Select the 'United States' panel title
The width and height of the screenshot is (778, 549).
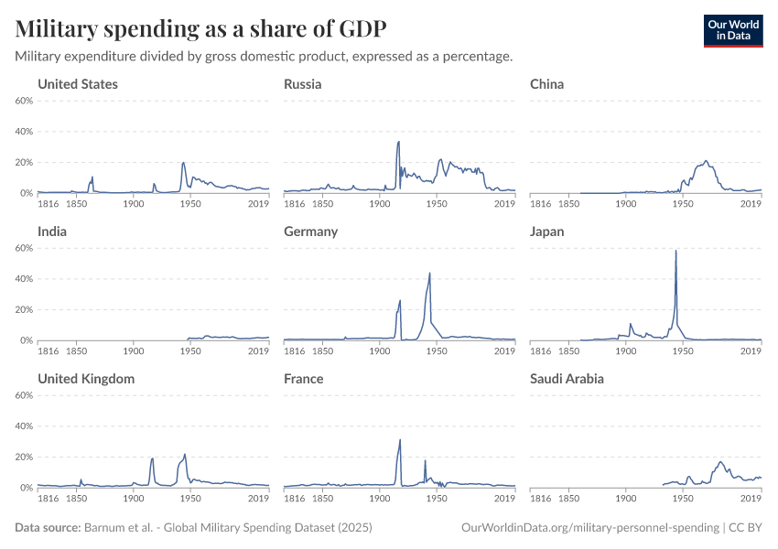77,84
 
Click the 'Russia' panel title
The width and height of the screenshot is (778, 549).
302,84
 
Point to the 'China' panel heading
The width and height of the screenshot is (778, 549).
546,84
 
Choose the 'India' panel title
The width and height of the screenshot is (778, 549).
52,231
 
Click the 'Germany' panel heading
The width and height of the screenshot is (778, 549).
310,231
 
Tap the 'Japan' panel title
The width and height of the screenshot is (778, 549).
546,231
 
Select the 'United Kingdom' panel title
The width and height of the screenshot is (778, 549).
85,379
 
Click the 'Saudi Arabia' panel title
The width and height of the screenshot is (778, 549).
567,379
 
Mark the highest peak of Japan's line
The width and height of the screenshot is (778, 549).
675,251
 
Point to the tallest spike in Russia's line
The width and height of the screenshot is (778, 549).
398,142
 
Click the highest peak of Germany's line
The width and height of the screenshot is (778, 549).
429,273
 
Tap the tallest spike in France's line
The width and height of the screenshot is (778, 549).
400,440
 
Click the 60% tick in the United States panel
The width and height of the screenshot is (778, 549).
25,101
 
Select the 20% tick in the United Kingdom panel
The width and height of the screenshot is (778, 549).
25,457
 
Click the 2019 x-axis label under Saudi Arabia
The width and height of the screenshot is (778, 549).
751,498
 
